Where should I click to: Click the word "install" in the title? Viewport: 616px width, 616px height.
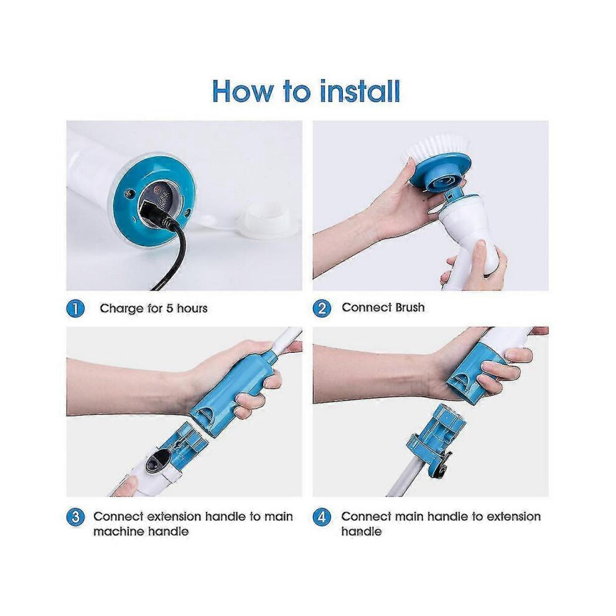pos(360,91)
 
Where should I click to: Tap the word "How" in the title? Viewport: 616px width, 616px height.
pos(242,91)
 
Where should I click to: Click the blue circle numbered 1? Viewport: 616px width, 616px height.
pos(75,309)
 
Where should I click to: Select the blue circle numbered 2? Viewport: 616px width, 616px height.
pos(322,308)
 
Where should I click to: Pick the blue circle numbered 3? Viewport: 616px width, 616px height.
pos(75,516)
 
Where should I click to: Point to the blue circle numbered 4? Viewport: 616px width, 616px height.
pos(322,516)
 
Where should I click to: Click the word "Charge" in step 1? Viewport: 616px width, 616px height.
pos(122,309)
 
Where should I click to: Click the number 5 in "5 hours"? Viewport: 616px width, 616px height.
pos(169,309)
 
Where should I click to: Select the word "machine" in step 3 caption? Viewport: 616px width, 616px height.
pos(117,531)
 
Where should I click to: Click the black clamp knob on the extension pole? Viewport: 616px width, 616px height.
pos(439,468)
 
